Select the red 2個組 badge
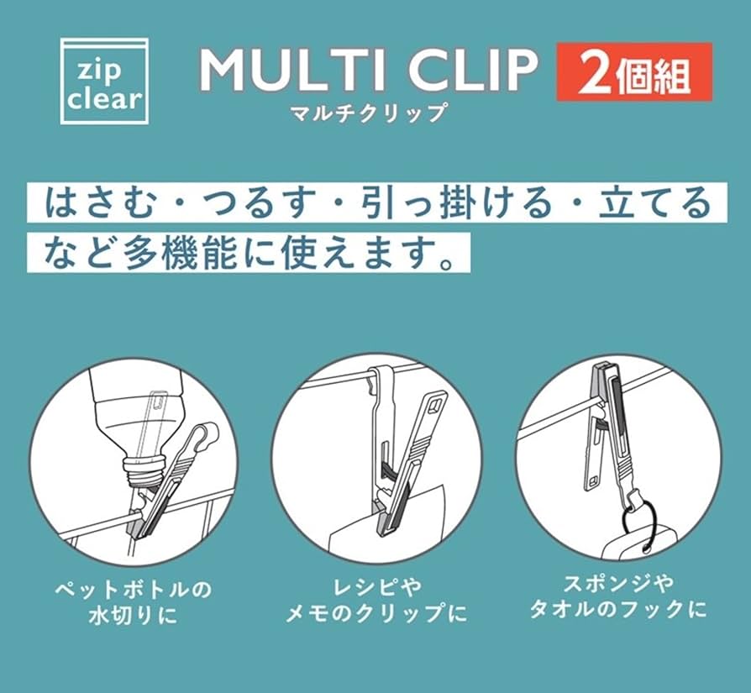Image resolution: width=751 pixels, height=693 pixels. [633, 72]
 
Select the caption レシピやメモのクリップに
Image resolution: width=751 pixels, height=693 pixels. [376, 601]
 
